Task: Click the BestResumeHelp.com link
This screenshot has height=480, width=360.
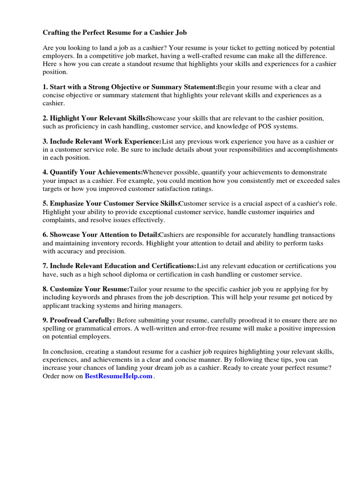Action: click(119, 376)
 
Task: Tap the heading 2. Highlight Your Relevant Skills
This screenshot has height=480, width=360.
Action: click(95, 118)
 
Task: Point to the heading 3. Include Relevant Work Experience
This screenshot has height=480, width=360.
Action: click(102, 142)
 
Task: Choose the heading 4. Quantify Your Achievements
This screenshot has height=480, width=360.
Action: click(93, 172)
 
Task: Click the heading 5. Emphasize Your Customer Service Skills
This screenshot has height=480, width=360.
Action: click(111, 203)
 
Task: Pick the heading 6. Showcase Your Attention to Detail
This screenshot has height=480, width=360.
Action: click(101, 234)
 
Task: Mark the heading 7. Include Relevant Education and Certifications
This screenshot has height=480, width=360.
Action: click(120, 266)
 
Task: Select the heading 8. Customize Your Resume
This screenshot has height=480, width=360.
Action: click(86, 289)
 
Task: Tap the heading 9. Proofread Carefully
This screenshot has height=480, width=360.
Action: click(79, 320)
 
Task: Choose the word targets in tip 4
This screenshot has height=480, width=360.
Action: click(52, 188)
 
